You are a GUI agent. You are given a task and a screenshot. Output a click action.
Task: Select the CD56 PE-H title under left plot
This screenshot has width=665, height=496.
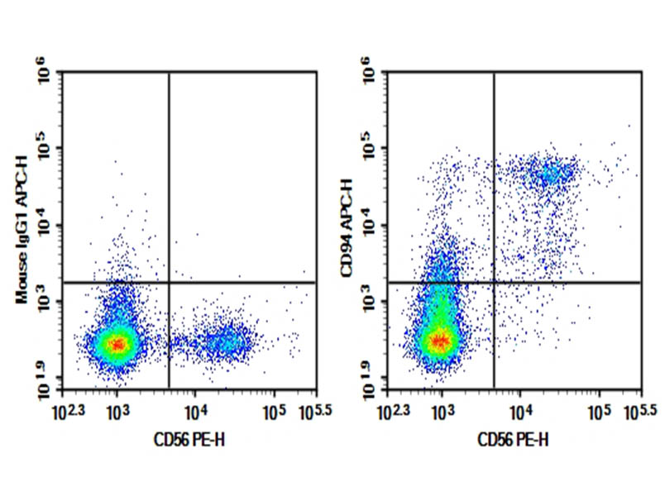click(x=189, y=441)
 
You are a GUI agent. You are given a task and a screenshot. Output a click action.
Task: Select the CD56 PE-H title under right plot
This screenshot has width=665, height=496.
click(x=514, y=441)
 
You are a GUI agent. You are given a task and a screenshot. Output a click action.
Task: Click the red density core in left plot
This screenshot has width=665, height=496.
click(x=117, y=343)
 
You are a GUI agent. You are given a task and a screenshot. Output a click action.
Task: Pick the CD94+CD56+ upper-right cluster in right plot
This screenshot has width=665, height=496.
click(x=550, y=174)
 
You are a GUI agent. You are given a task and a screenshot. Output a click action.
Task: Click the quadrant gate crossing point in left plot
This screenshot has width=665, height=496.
click(x=169, y=283)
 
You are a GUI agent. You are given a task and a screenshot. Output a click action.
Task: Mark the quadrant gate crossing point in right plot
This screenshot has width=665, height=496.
click(x=494, y=283)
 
